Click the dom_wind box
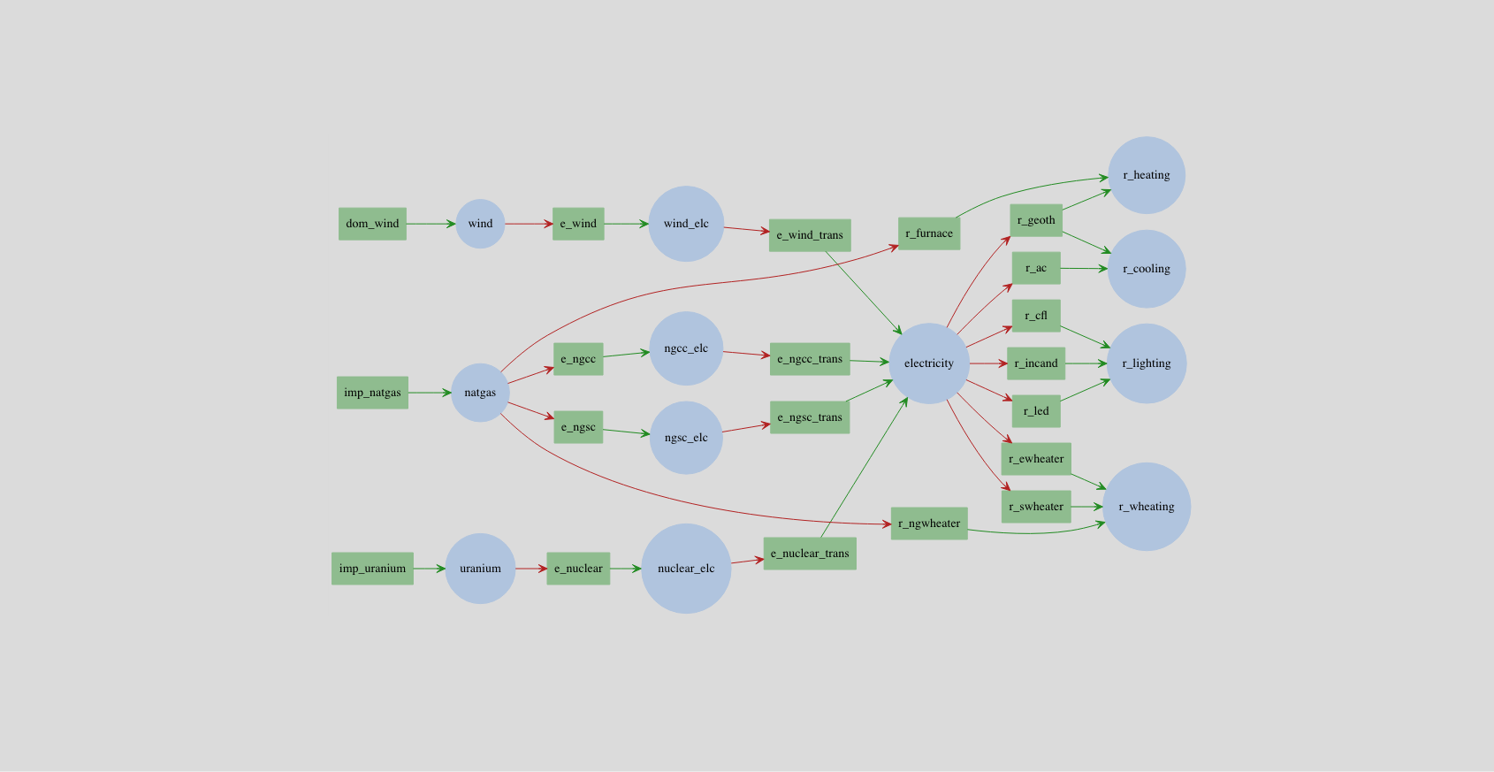point(372,224)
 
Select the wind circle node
point(480,224)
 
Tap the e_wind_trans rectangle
point(810,235)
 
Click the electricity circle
point(929,363)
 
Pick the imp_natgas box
point(372,393)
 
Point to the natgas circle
point(480,393)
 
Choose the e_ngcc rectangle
point(578,359)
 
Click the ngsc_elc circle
point(686,438)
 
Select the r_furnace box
point(929,233)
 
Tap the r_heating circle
point(1147,175)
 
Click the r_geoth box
point(1036,220)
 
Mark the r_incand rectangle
point(1036,363)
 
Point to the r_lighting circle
point(1147,363)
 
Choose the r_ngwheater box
point(929,524)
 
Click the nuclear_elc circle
point(686,569)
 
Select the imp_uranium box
point(372,569)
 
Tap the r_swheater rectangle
point(1036,507)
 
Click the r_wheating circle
point(1147,507)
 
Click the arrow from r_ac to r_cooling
point(1084,268)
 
